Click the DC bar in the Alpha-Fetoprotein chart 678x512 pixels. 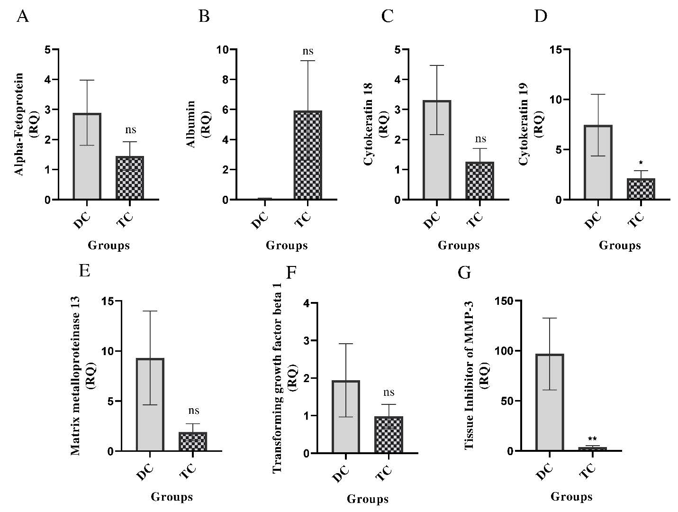87,156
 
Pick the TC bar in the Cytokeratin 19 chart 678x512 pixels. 641,189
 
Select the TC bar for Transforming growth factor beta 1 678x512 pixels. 389,435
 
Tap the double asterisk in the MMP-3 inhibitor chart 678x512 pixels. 592,439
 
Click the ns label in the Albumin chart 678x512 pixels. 308,51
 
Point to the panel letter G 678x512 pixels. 465,273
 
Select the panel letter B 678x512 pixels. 204,17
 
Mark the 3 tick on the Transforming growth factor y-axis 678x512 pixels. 307,341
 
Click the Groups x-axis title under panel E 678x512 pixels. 172,497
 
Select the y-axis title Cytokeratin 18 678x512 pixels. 369,124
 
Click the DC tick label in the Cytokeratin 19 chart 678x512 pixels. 594,220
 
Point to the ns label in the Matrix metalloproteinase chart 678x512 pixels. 193,411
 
